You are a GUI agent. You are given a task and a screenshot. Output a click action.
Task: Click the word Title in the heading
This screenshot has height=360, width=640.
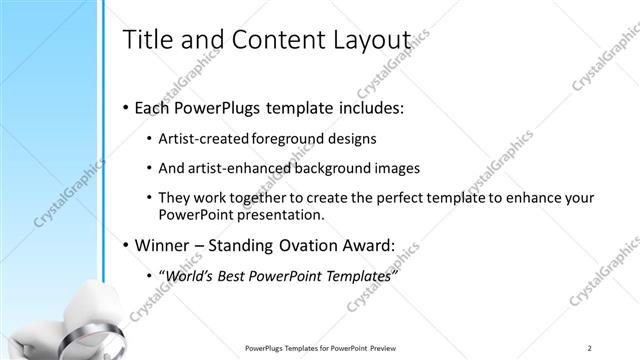pyautogui.click(x=145, y=39)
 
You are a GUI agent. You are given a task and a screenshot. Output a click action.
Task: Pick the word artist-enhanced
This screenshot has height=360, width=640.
pyautogui.click(x=236, y=168)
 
